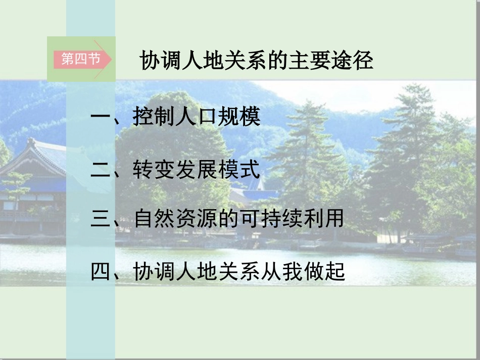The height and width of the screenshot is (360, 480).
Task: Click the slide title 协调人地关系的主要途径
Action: (x=256, y=61)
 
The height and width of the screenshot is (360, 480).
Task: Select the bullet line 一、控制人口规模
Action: (x=175, y=118)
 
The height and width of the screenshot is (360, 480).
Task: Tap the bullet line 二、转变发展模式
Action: (x=175, y=170)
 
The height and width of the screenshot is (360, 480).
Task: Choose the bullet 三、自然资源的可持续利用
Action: (x=217, y=219)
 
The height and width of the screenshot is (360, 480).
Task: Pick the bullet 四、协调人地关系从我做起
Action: (x=218, y=272)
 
